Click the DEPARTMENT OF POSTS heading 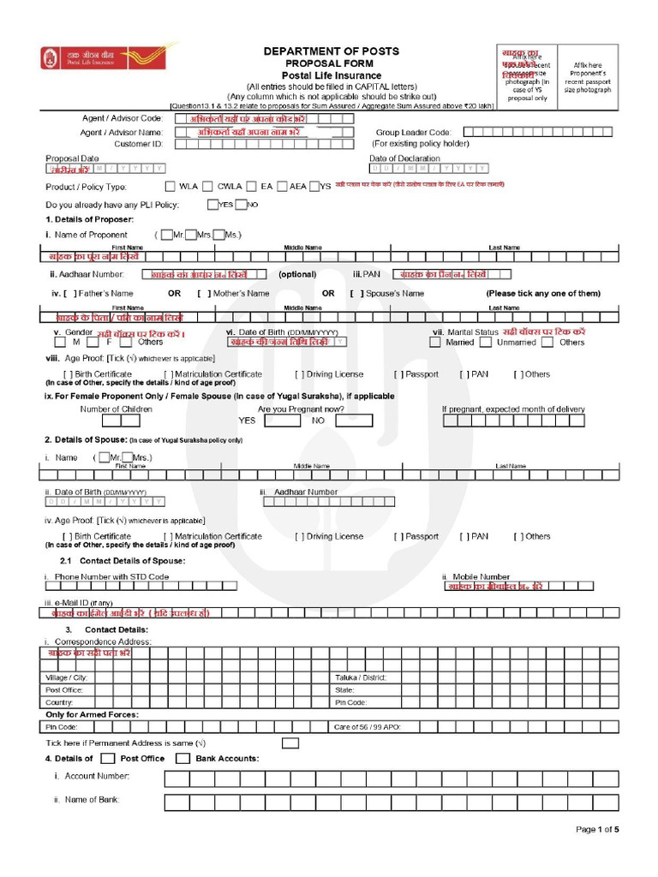331,51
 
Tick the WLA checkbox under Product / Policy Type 170,186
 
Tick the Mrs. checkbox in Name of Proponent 192,235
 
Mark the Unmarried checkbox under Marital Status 486,343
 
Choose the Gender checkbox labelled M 64,343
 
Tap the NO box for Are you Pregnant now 352,421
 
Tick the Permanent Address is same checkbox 290,743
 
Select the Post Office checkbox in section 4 107,759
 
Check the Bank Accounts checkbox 182,759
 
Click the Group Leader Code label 413,133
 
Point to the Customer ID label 138,144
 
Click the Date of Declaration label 404,158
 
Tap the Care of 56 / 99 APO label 367,726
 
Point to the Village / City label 66,677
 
